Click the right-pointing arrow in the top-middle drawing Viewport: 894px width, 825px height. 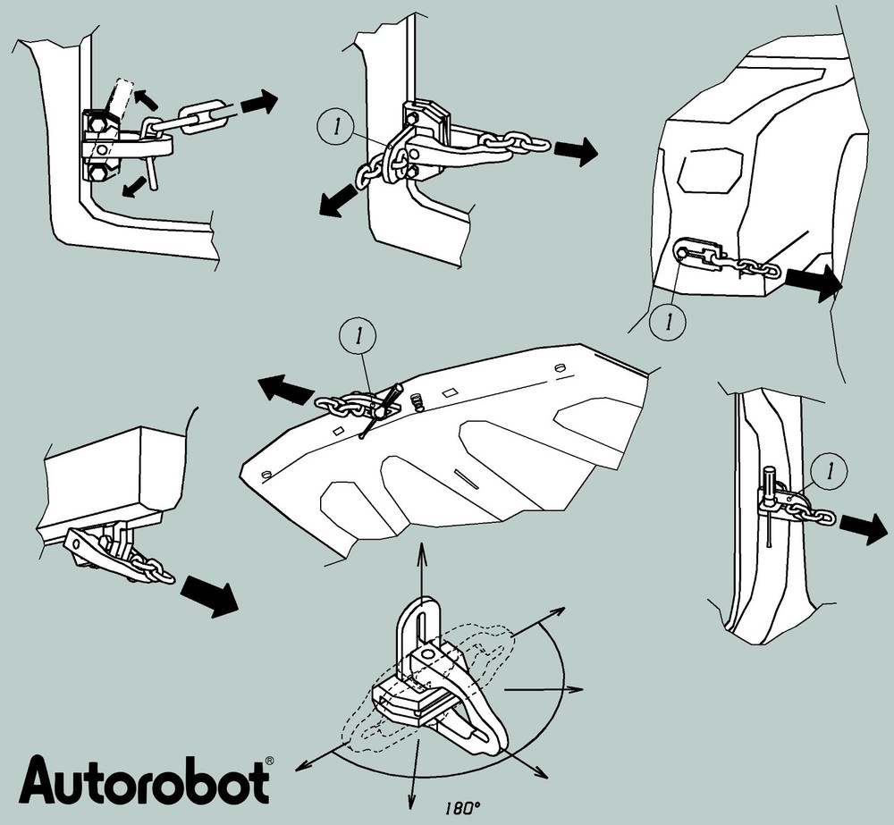pyautogui.click(x=576, y=150)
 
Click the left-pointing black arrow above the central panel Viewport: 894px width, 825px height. pyautogui.click(x=285, y=391)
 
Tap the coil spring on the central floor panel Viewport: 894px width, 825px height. pyautogui.click(x=415, y=405)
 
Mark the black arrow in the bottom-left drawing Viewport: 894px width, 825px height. pyautogui.click(x=208, y=594)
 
